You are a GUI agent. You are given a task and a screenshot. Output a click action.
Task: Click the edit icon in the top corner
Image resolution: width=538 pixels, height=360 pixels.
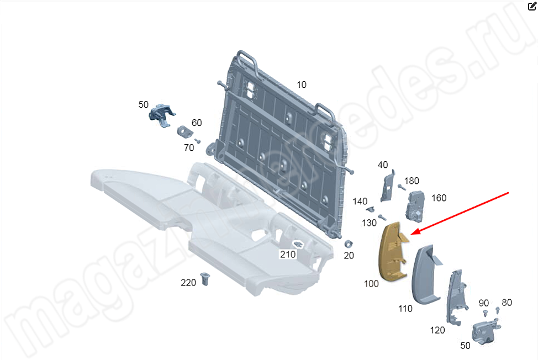532,6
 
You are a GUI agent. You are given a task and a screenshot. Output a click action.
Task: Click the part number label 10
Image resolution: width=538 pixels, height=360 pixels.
301,84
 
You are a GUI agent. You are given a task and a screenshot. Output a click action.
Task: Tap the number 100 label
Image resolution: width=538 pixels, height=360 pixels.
371,284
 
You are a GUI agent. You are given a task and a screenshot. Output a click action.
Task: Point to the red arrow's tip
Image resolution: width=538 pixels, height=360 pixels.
411,235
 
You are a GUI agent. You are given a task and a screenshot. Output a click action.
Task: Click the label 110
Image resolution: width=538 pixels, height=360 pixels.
405,309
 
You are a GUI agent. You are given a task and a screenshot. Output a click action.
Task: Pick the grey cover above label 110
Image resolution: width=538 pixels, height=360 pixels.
426,274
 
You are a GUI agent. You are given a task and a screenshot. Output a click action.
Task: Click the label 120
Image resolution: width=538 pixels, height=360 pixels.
437,330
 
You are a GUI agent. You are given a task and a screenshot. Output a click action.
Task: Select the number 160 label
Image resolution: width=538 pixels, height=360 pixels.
439,198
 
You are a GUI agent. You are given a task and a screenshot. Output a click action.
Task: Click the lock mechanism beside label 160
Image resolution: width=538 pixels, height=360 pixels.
415,207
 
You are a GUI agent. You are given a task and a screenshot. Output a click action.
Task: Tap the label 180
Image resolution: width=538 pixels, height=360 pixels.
412,181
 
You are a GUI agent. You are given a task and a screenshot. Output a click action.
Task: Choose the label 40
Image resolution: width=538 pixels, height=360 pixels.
383,165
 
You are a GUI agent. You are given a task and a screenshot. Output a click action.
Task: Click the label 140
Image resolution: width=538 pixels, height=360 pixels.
360,201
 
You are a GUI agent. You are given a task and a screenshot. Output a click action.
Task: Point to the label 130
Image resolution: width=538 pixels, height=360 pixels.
369,223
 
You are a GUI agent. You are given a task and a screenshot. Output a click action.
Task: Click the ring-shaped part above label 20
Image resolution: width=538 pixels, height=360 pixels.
349,244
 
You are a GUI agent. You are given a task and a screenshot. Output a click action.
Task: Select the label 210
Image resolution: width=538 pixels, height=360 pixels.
288,255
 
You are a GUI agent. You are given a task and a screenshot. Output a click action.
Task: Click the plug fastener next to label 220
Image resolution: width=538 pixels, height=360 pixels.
205,279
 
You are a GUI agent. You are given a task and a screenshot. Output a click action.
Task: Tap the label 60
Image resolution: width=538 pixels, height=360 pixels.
197,123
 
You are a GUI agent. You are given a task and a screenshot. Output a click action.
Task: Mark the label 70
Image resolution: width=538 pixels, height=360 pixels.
189,147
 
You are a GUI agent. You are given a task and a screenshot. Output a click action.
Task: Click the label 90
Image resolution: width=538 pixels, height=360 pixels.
484,303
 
